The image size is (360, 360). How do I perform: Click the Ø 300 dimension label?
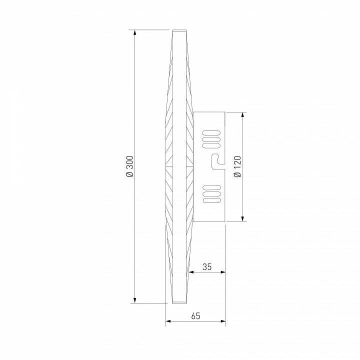pyautogui.click(x=129, y=166)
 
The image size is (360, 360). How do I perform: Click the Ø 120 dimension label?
pyautogui.click(x=237, y=166)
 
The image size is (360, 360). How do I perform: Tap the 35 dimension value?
pyautogui.click(x=207, y=267)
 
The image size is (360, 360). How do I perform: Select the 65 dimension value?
pyautogui.click(x=195, y=316)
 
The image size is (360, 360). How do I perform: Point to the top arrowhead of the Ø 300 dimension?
pyautogui.click(x=135, y=32)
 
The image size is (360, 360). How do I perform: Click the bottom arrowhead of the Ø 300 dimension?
pyautogui.click(x=135, y=300)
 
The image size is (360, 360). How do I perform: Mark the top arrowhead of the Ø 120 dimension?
pyautogui.click(x=243, y=115)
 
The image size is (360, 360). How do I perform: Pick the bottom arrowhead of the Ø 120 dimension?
pyautogui.click(x=243, y=219)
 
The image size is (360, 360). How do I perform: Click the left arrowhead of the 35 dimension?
pyautogui.click(x=191, y=272)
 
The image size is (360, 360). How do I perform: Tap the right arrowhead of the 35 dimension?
pyautogui.click(x=223, y=272)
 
